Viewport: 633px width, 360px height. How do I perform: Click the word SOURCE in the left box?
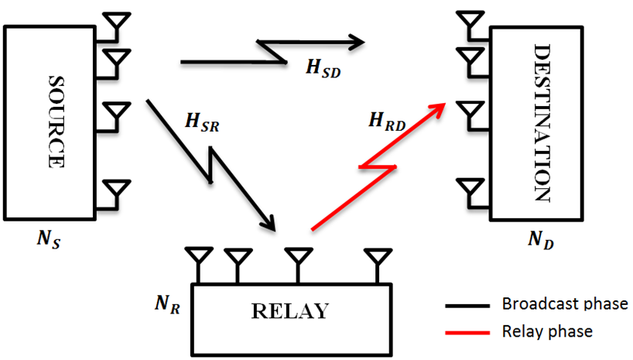(x=55, y=122)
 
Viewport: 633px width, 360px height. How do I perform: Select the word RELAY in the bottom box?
(x=289, y=311)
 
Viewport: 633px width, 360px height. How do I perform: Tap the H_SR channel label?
(x=203, y=122)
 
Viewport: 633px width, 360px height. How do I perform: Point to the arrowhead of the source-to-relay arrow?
(x=268, y=224)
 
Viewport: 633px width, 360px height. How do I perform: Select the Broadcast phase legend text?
(x=565, y=303)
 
